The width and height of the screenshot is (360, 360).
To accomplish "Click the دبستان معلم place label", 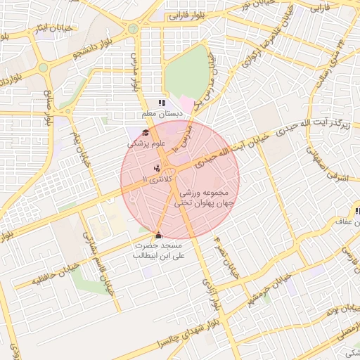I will tap(161, 112).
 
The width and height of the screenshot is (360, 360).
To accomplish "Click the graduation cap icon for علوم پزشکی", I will tap(146, 133).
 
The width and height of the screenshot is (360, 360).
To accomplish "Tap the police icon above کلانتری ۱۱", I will tap(156, 168).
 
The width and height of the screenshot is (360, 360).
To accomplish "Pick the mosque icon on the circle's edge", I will tap(157, 236).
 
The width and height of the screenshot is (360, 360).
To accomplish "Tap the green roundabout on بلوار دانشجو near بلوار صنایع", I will tap(43, 68).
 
